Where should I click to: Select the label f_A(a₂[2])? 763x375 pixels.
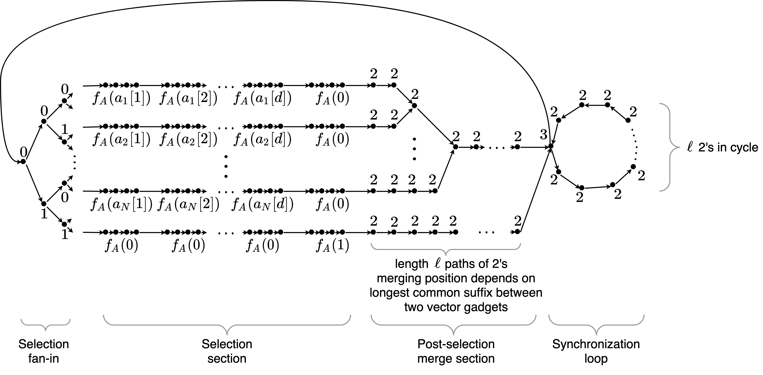(x=189, y=139)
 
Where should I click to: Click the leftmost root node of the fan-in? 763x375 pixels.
(x=23, y=162)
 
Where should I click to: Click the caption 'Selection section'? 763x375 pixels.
(x=227, y=351)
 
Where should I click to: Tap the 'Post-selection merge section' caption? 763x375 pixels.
(x=456, y=351)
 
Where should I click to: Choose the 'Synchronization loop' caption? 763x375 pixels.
(x=596, y=351)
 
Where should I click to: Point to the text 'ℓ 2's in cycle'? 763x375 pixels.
(x=722, y=147)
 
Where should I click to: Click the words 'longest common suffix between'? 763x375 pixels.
(x=456, y=293)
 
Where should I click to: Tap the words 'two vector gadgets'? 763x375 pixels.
(x=456, y=307)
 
